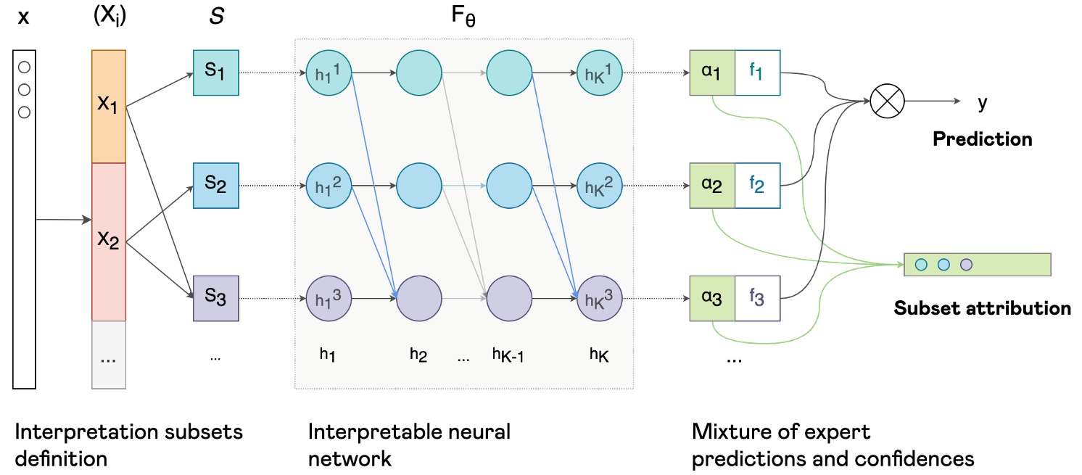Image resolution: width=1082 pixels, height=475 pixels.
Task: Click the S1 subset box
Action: [x=216, y=73]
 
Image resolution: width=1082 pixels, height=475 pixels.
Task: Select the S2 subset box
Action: [x=216, y=186]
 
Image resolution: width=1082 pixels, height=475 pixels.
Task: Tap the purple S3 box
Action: [x=216, y=298]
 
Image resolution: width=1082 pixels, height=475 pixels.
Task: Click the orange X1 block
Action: [x=109, y=107]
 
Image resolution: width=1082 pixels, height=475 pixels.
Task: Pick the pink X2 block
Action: [x=109, y=241]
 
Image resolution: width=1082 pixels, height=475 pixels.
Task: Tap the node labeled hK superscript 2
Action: [x=599, y=186]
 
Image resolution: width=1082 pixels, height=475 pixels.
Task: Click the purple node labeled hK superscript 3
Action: [x=599, y=298]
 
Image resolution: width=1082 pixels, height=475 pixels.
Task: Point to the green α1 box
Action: [x=712, y=73]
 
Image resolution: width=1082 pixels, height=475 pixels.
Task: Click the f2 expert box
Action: [x=758, y=186]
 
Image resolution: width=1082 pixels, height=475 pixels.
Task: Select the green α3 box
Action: [x=712, y=298]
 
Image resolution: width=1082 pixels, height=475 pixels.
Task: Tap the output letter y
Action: [x=983, y=103]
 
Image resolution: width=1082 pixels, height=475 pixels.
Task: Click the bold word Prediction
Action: [x=983, y=139]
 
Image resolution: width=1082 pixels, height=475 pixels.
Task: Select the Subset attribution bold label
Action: [x=982, y=307]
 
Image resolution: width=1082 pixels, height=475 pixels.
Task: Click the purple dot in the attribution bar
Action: [x=966, y=265]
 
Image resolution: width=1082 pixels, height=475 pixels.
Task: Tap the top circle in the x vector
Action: [x=24, y=67]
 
